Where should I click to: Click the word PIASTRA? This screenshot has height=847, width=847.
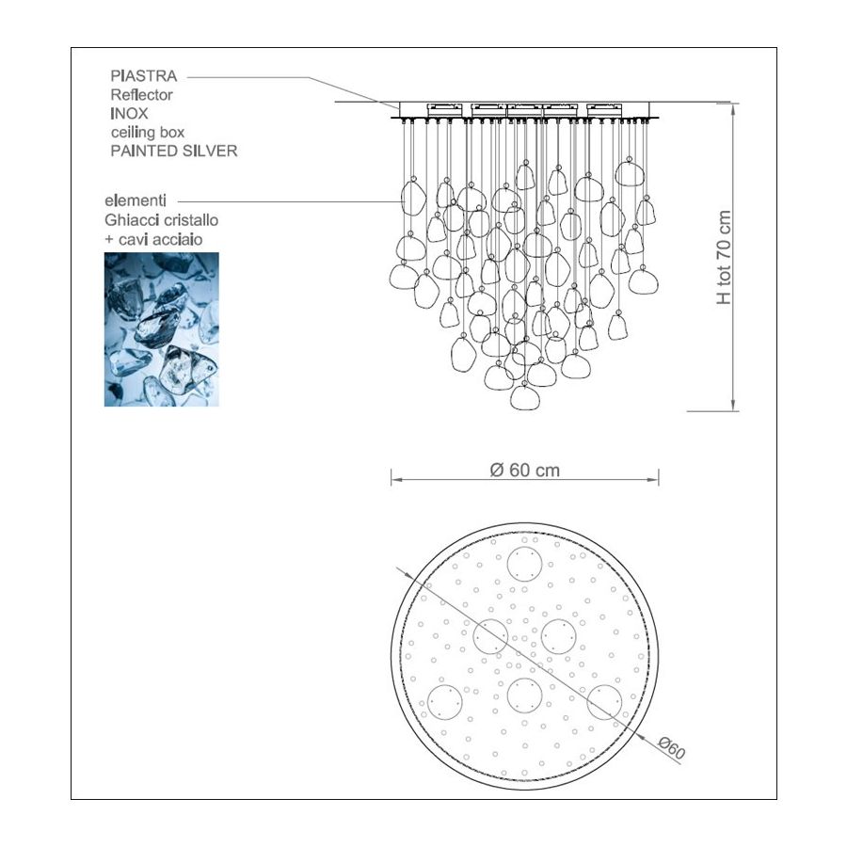[144, 75]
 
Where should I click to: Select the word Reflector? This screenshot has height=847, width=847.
[141, 94]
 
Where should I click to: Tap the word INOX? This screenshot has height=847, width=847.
[129, 114]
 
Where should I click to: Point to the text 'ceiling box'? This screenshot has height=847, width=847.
[148, 132]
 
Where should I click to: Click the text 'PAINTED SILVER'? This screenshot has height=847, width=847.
[174, 151]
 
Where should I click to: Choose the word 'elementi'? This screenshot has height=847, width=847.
[136, 200]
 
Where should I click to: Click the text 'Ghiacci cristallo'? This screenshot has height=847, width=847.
[162, 220]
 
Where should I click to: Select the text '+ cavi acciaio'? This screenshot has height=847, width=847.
[153, 239]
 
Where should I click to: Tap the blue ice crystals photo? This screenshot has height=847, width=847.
[162, 329]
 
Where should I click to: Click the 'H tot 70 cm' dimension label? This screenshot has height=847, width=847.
[724, 257]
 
